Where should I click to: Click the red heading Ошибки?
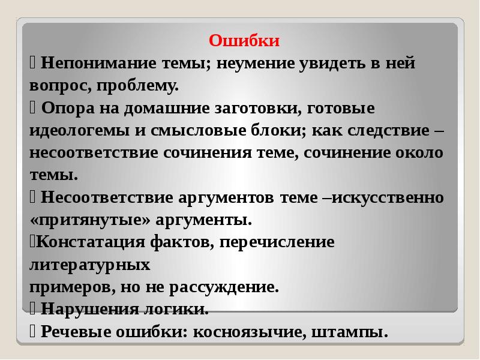coord(244,40)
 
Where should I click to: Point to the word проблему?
coord(137,86)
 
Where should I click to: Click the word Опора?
coord(68,109)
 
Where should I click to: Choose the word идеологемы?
coord(80,131)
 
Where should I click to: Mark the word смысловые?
coord(199,130)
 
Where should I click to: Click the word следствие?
coord(388,131)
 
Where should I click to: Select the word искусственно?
coord(388,197)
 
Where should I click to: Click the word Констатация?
coord(91,242)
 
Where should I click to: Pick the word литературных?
coord(89,265)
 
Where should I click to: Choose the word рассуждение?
coord(224,287)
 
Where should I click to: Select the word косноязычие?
coord(250,332)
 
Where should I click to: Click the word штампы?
coord(350,332)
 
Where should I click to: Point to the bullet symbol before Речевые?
coord(32,332)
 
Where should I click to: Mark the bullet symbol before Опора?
coord(32,108)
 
